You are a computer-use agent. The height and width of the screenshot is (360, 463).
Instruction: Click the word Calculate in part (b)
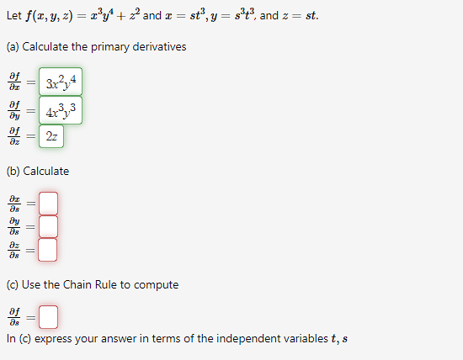(x=46, y=171)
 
